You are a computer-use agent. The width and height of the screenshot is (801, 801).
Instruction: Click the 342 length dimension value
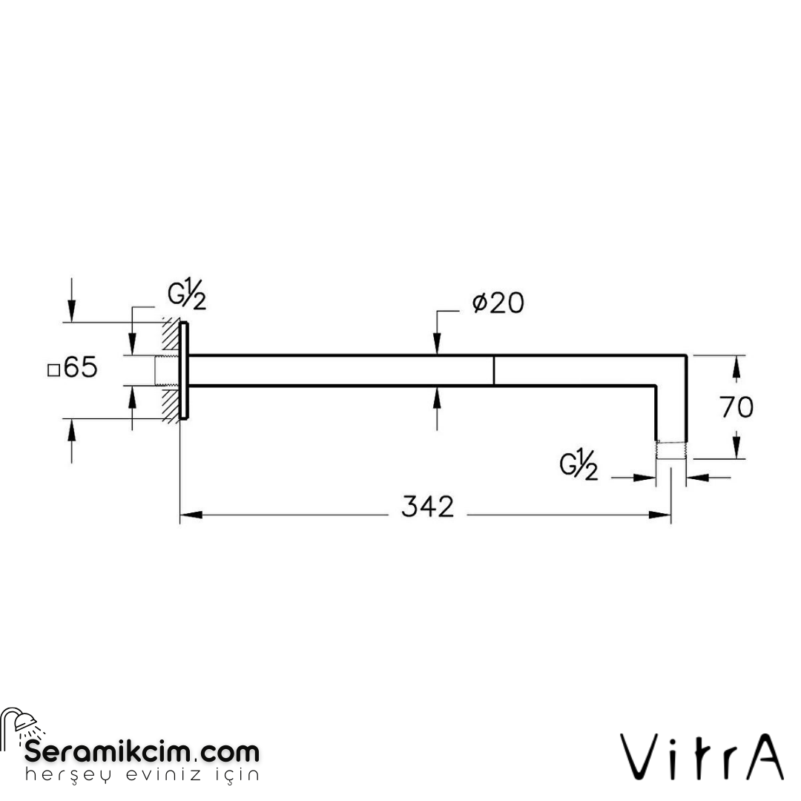tap(427, 507)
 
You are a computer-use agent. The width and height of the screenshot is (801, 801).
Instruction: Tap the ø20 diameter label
tap(498, 303)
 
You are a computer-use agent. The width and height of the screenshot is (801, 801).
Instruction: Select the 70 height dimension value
tap(736, 406)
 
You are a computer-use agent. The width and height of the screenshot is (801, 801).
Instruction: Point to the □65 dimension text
tap(73, 368)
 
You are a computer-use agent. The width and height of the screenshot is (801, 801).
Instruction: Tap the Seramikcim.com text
tap(142, 751)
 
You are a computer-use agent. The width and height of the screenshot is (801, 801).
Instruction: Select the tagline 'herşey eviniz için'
tap(142, 775)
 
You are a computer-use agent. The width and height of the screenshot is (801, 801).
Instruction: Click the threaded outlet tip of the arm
tap(670, 451)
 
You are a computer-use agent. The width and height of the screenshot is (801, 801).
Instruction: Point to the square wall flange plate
tap(185, 370)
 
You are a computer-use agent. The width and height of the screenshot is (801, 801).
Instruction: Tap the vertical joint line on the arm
tap(493, 370)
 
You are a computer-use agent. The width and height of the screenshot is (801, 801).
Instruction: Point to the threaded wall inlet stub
tap(165, 370)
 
